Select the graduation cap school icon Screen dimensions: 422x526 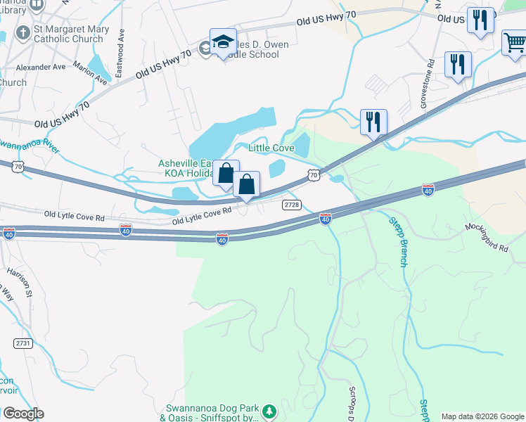click(223, 41)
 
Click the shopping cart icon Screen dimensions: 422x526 click(515, 43)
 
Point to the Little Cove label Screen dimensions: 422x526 click(271, 148)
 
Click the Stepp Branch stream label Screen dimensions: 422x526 click(398, 241)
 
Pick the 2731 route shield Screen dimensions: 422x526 click(23, 343)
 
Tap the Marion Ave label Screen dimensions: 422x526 click(89, 76)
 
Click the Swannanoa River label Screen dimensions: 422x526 click(28, 146)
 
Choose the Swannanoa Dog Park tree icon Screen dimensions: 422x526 click(268, 411)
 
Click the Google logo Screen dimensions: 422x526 click(23, 414)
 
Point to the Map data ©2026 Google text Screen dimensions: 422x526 click(482, 416)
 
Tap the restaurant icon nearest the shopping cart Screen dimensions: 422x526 click(481, 21)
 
